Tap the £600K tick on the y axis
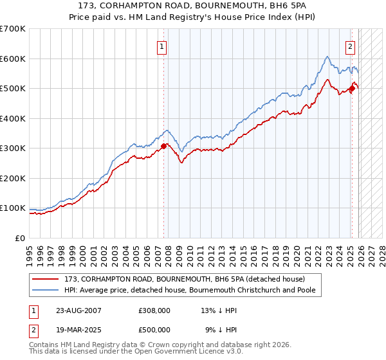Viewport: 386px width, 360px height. click(x=13, y=59)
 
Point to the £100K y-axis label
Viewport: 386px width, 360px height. click(x=13, y=208)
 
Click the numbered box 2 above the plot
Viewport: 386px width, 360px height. click(x=350, y=46)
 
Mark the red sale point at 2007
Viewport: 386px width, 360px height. click(x=164, y=146)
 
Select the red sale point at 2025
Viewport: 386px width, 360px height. click(x=352, y=89)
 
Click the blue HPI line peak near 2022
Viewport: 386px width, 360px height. click(x=327, y=57)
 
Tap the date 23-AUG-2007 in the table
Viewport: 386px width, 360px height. click(x=78, y=310)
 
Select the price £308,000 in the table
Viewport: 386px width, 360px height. click(x=154, y=310)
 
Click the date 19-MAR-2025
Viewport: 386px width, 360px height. click(x=78, y=330)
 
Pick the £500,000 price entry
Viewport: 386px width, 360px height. click(x=154, y=330)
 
